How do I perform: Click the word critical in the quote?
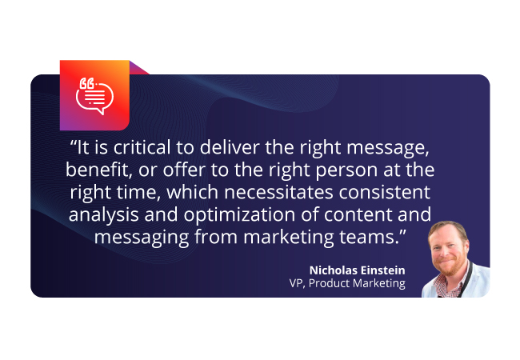click(x=142, y=147)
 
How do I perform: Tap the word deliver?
click(x=230, y=147)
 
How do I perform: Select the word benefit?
click(x=97, y=170)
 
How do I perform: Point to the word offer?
click(x=184, y=170)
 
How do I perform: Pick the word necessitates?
click(x=278, y=192)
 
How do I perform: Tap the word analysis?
click(x=103, y=215)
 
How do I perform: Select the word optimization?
click(x=239, y=215)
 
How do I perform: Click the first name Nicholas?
click(x=333, y=270)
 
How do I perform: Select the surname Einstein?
click(x=382, y=270)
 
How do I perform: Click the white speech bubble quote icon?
click(x=94, y=96)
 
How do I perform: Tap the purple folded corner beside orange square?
click(x=137, y=68)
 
